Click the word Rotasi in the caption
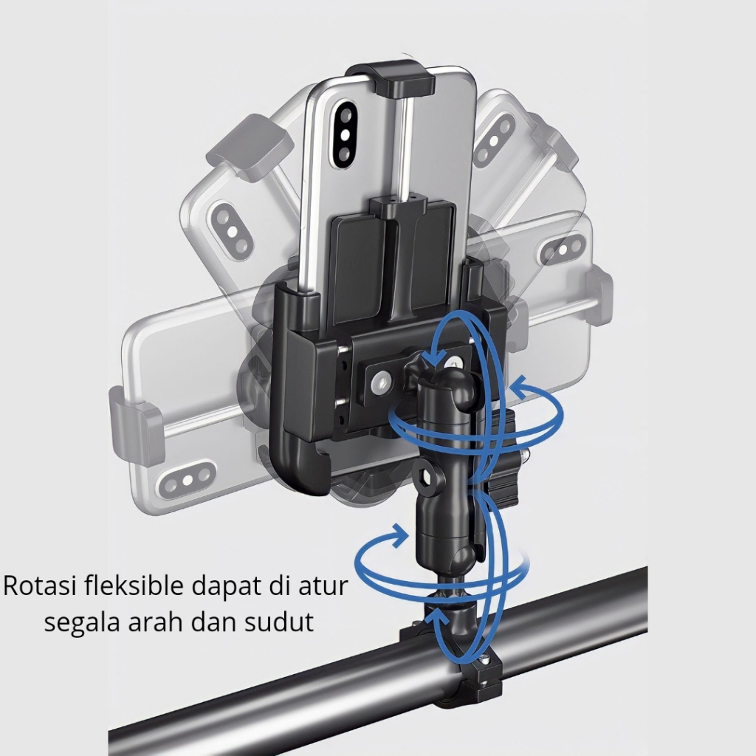38,585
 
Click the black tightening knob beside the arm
500,458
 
